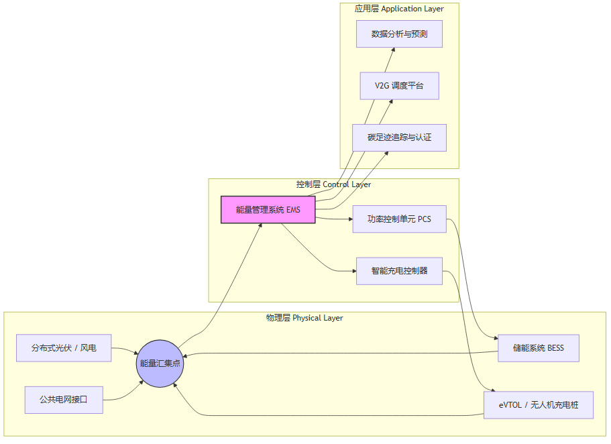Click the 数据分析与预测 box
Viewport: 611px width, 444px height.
pos(399,34)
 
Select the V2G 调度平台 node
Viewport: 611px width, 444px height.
pos(399,86)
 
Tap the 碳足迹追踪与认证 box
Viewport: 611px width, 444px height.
pos(399,137)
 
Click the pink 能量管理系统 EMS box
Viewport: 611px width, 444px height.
pos(268,210)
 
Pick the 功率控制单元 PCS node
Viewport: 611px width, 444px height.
pos(399,219)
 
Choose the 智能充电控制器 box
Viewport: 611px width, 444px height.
pos(399,271)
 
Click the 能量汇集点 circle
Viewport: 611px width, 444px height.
pos(159,364)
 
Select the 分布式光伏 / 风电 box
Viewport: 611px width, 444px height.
pos(64,348)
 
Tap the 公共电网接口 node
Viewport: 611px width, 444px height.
pos(64,400)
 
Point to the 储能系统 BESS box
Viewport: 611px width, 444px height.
pos(539,348)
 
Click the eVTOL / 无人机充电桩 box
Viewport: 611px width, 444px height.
pos(539,405)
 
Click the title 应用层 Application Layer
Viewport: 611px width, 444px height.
pos(399,9)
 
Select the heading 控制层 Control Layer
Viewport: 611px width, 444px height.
pos(333,184)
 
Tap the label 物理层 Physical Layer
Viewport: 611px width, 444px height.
pos(304,318)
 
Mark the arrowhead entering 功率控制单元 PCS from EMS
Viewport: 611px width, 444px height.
pos(349,219)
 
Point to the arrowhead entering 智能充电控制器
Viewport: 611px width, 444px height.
pos(353,271)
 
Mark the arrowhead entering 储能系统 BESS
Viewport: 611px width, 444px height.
pos(495,338)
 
